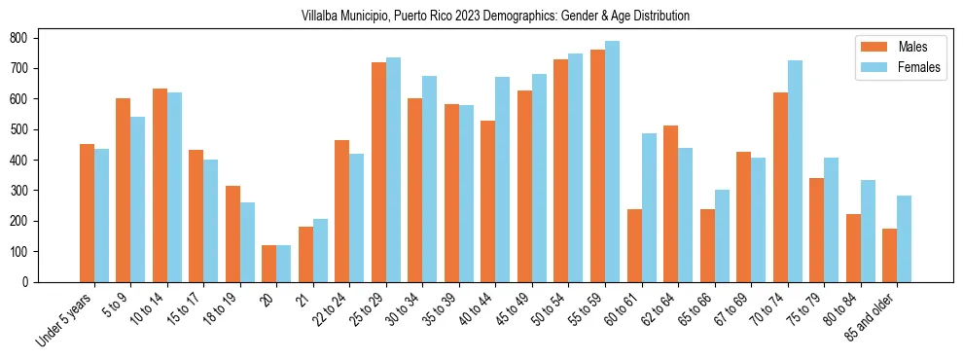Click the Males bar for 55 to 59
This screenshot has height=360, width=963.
coord(597,165)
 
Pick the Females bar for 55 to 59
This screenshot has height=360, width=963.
coord(612,162)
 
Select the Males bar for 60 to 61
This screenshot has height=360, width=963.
coord(634,245)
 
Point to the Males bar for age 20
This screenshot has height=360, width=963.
coord(269,264)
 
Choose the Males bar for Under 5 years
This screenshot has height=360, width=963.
coord(87,213)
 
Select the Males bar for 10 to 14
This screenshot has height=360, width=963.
coord(160,185)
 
